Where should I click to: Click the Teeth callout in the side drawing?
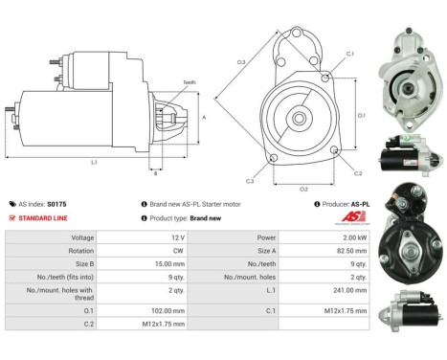coord(189,82)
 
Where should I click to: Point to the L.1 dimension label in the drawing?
coord(94,163)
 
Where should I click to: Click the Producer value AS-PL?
coord(358,203)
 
